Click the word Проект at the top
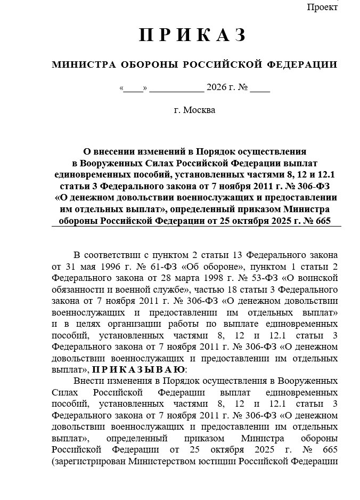(x=322, y=7)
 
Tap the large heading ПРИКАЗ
(x=194, y=35)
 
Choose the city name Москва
(x=199, y=111)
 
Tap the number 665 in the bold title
(x=322, y=221)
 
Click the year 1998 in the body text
(x=200, y=278)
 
